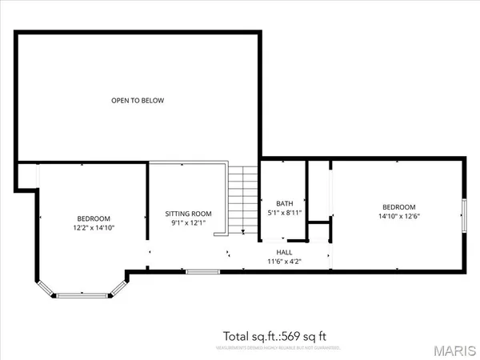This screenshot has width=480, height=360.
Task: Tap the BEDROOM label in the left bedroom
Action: coord(94,218)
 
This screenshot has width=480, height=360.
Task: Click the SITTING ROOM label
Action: coord(188,214)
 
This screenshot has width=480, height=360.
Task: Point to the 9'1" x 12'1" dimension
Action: coord(188,223)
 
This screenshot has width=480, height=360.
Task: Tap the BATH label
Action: coord(284,203)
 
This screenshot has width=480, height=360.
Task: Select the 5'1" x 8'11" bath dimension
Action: coord(284,213)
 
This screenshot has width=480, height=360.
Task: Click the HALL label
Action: coord(284,252)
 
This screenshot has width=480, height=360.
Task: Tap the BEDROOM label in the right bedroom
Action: coord(398,206)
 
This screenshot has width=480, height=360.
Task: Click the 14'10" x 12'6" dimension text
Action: coord(398,216)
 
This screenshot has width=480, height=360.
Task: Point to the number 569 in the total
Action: coord(286,336)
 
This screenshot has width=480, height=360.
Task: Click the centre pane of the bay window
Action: coord(80,294)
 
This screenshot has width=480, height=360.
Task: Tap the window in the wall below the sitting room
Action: coord(198,271)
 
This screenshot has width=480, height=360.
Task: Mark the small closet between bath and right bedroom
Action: coord(319,231)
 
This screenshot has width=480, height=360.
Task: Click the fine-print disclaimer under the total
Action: coord(278,349)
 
